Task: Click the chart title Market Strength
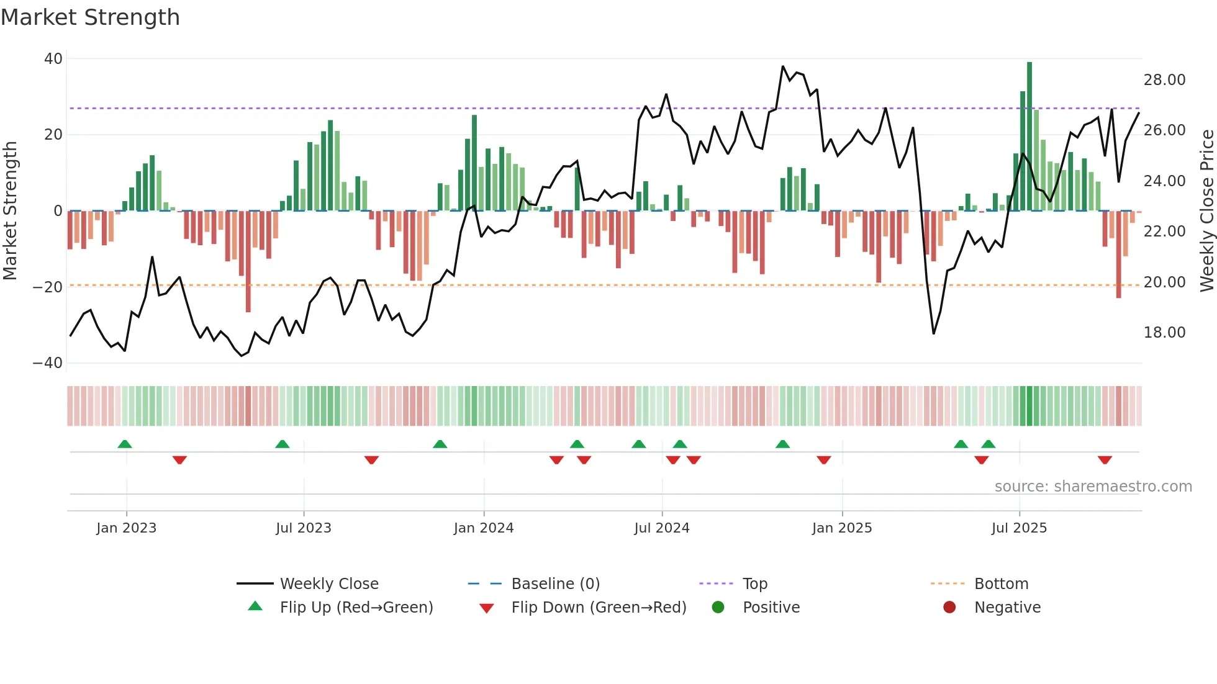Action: click(x=90, y=17)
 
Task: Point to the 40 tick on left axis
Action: click(x=53, y=59)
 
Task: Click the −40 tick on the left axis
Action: click(x=48, y=363)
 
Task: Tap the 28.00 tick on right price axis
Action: click(x=1164, y=80)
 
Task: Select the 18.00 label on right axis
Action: click(x=1164, y=333)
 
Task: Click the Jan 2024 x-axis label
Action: click(x=484, y=528)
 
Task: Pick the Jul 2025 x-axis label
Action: click(x=1019, y=528)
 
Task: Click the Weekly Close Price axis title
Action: click(x=1206, y=210)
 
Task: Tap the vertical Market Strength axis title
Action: click(x=11, y=210)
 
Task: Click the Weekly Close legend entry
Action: click(x=329, y=584)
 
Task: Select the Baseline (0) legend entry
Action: click(x=555, y=584)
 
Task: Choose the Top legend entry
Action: click(x=755, y=584)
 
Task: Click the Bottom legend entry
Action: click(x=1001, y=584)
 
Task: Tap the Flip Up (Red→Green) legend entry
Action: click(x=356, y=608)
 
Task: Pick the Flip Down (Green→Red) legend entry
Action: click(x=599, y=608)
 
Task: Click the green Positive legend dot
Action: click(x=718, y=608)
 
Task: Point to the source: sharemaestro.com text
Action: click(x=1093, y=487)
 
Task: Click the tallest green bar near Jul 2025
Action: click(x=1029, y=137)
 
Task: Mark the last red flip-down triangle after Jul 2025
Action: click(x=1105, y=460)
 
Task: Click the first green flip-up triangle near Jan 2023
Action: click(x=125, y=444)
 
